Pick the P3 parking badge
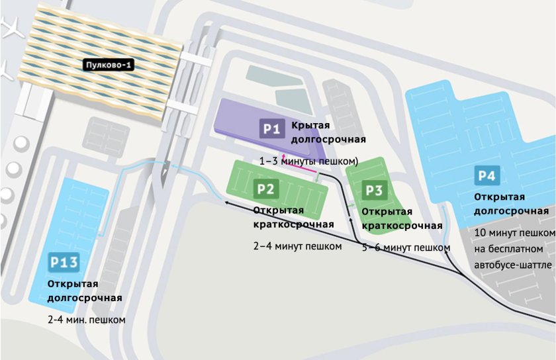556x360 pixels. [374, 191]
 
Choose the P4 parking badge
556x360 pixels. [487, 177]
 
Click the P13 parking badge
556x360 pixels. [64, 263]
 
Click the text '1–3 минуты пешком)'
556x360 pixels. [308, 161]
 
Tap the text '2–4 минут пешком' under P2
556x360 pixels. [297, 247]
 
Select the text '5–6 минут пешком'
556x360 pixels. [406, 247]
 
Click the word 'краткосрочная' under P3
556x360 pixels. [402, 226]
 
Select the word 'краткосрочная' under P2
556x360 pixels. [293, 224]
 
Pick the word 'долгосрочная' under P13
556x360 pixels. [85, 298]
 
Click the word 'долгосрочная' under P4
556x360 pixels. [511, 211]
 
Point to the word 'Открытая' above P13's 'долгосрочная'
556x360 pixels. [73, 284]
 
